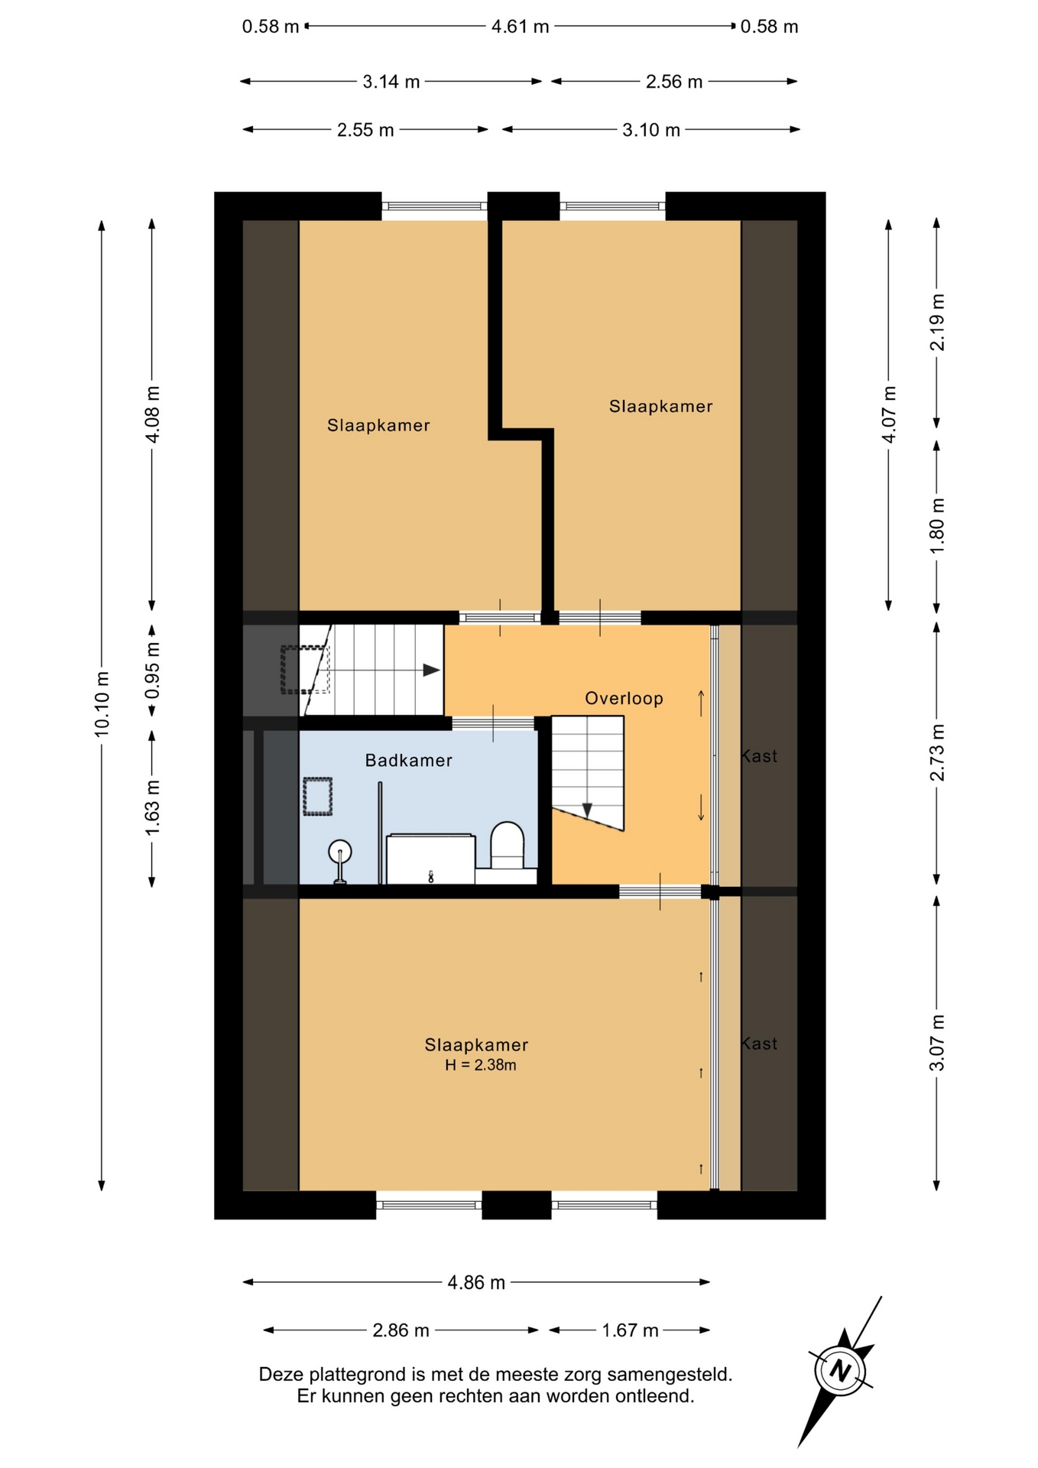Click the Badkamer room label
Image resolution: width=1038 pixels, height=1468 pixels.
(x=408, y=760)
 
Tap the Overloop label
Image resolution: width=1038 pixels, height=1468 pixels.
(x=624, y=698)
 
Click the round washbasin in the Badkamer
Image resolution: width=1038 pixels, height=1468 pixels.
(x=340, y=851)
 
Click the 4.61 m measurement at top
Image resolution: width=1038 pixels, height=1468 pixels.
(x=520, y=27)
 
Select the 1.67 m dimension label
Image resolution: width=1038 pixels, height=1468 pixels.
(x=630, y=1330)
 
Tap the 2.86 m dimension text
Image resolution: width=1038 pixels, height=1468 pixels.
(x=401, y=1330)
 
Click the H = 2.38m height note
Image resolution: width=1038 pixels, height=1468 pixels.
(x=481, y=1065)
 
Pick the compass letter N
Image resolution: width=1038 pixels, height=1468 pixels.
(x=841, y=1370)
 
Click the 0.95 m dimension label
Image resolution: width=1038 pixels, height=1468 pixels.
(x=152, y=670)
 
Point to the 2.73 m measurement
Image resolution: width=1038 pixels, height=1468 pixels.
(x=937, y=752)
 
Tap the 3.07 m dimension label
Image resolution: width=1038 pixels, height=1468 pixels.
(x=937, y=1043)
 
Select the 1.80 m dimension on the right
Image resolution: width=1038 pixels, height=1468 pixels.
(x=937, y=525)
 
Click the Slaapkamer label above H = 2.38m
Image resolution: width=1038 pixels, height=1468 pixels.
(x=476, y=1044)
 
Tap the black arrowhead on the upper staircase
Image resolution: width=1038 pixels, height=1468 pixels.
(x=432, y=671)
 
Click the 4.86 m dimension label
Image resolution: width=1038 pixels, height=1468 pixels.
(x=476, y=1282)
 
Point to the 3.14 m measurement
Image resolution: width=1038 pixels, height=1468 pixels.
(x=391, y=82)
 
